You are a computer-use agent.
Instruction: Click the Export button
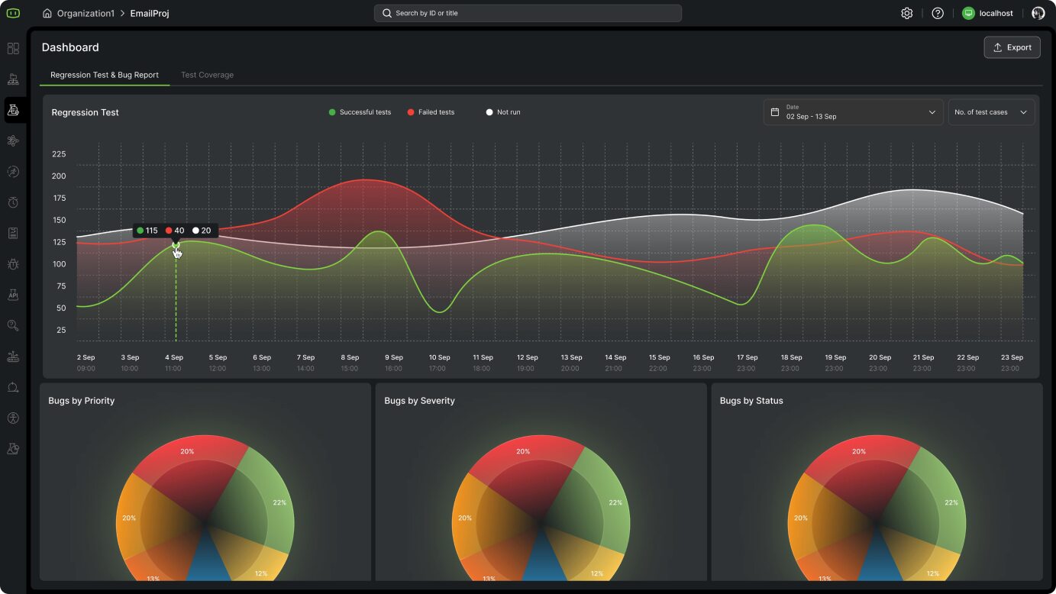point(1012,47)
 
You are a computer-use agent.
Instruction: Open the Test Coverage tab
point(207,75)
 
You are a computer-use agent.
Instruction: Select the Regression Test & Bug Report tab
point(105,75)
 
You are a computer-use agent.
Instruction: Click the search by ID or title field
point(528,13)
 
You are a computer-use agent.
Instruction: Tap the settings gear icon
point(907,13)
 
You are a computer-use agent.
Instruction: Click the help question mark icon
point(938,13)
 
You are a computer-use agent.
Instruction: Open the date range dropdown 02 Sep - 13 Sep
point(853,112)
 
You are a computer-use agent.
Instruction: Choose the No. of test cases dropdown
point(991,112)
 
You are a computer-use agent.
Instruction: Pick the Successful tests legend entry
point(360,112)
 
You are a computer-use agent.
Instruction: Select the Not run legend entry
point(503,112)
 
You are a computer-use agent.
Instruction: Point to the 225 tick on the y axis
point(59,154)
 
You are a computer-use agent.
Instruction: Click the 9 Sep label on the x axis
point(393,357)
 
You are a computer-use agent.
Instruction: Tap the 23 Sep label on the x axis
point(1012,357)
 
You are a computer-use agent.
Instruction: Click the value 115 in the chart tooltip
point(151,231)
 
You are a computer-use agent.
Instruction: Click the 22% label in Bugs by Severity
point(615,502)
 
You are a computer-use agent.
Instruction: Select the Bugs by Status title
point(751,401)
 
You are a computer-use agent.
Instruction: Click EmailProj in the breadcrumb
point(150,13)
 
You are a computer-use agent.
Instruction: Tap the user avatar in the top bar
point(1038,13)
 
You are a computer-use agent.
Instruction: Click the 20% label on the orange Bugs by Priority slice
point(129,518)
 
